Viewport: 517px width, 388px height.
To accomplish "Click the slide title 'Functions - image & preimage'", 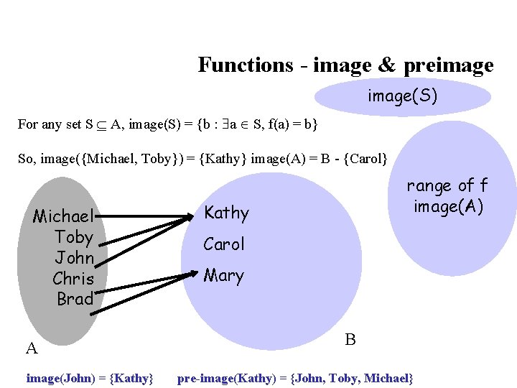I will point(345,65).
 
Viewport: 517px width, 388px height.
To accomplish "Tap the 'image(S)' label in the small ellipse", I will point(402,96).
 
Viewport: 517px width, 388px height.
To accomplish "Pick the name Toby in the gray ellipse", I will point(74,237).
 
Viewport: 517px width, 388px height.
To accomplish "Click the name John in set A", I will point(75,257).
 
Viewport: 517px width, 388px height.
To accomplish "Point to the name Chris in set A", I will point(73,278).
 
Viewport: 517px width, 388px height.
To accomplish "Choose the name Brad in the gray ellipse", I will point(75,298).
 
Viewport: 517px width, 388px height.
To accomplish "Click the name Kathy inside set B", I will point(226,213).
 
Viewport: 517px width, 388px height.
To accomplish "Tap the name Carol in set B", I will point(224,244).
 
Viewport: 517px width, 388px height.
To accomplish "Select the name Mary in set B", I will point(223,276).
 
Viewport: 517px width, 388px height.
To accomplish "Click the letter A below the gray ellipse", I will point(32,350).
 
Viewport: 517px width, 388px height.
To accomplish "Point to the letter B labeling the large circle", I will point(350,339).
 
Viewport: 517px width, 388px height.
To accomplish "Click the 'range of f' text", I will point(447,186).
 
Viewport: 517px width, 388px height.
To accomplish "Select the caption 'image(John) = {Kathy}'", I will point(90,377).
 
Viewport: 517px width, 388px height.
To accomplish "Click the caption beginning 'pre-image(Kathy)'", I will point(295,377).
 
